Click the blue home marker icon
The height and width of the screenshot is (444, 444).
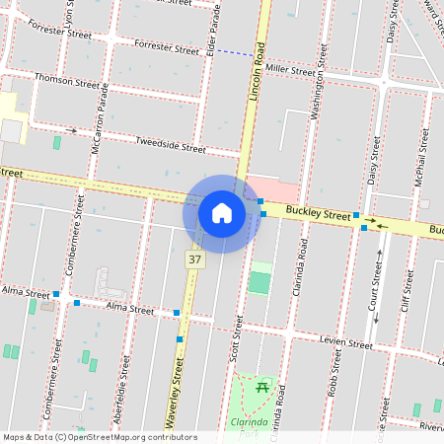[x=222, y=213]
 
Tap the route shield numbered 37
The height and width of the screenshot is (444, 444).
[x=194, y=259]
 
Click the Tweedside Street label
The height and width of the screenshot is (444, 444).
[x=171, y=146]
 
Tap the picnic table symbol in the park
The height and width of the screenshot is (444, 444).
[x=262, y=388]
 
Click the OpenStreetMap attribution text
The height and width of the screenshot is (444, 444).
[x=100, y=437]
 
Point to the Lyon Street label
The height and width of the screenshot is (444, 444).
[x=69, y=14]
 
